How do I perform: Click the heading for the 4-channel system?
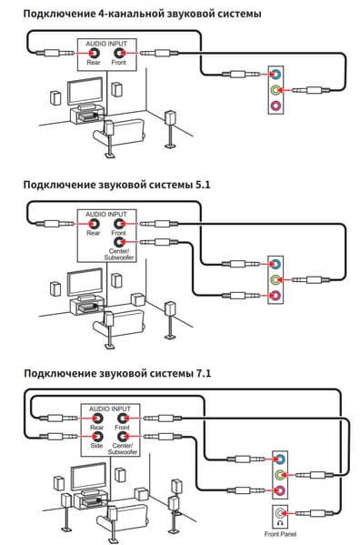pos(142,14)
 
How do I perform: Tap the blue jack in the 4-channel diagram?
pos(275,74)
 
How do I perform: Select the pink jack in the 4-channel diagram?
pos(275,106)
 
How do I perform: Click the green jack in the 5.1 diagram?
pos(275,279)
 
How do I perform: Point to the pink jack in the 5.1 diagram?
pos(275,296)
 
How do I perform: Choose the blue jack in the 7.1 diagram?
pos(280,459)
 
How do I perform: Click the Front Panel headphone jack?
pos(280,513)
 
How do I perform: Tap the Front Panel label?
pos(280,534)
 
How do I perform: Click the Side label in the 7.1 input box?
pos(96,445)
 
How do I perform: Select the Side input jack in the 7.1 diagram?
pos(97,436)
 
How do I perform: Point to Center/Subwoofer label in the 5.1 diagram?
pos(119,254)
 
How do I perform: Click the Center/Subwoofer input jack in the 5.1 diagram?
pos(119,242)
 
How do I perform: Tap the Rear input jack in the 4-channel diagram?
pos(94,53)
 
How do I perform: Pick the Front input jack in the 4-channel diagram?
pos(119,53)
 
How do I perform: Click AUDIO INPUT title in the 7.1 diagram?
pos(110,409)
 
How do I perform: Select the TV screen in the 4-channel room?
pos(85,91)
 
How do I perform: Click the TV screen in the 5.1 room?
pos(85,282)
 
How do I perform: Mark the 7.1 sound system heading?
pos(117,373)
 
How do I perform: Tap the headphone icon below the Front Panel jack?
pos(280,523)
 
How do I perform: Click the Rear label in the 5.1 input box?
pos(93,233)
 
